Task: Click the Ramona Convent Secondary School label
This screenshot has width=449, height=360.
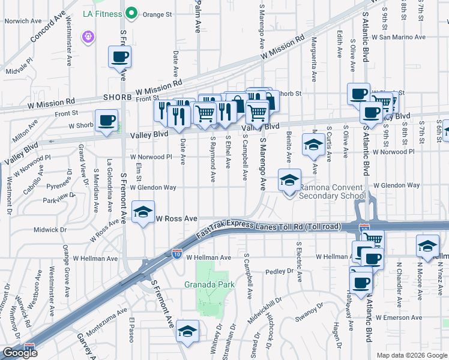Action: [332, 191]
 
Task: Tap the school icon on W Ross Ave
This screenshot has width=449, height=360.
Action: [143, 213]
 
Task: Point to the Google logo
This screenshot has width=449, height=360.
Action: [20, 353]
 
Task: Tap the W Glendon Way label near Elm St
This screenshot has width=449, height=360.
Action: [154, 187]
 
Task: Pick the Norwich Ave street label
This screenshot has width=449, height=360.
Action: [23, 21]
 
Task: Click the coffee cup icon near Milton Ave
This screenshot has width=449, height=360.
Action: [106, 119]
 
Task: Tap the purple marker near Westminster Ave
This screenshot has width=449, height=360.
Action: [89, 37]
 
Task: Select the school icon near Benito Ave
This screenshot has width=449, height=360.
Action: [313, 145]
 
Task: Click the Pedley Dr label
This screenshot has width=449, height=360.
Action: [278, 272]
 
